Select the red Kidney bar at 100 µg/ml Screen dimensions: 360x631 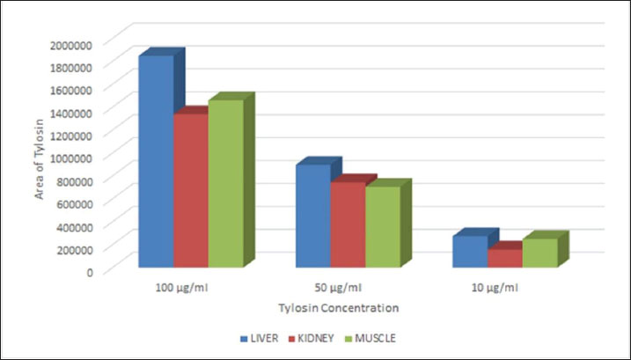coord(190,189)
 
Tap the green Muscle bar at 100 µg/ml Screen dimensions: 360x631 coord(225,182)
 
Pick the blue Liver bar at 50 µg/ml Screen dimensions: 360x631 coord(312,216)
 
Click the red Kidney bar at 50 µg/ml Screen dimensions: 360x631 coord(347,224)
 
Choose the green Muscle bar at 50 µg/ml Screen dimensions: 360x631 coord(382,226)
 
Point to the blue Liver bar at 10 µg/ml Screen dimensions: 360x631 coord(470,251)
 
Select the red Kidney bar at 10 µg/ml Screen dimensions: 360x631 coord(504,257)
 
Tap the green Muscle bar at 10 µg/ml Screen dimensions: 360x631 coord(539,253)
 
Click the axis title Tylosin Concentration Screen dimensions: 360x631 coord(338,308)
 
